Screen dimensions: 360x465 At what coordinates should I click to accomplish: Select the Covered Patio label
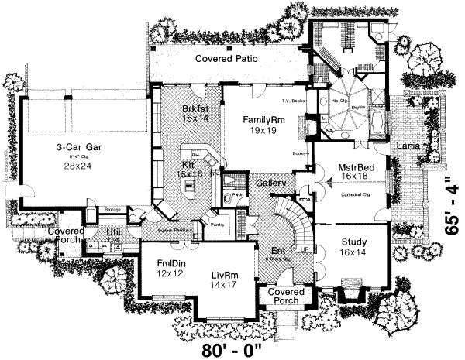click(226, 59)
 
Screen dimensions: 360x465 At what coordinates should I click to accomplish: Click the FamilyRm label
click(263, 120)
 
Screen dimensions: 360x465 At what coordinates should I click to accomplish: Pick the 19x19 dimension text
click(263, 132)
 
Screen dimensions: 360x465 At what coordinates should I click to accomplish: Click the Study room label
click(354, 241)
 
